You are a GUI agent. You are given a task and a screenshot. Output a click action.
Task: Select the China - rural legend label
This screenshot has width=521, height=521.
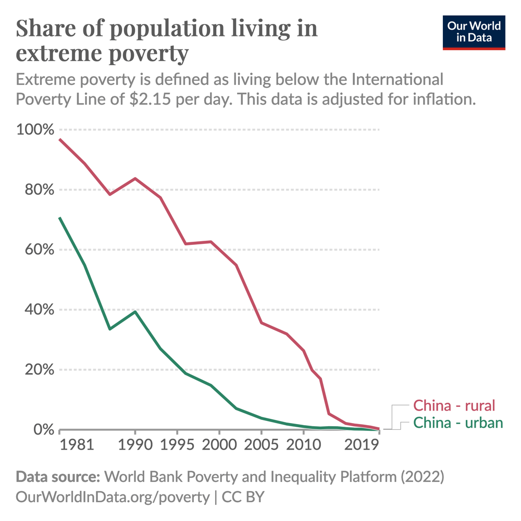(453, 405)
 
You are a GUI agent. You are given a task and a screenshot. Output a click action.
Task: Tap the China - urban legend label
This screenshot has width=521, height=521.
(458, 422)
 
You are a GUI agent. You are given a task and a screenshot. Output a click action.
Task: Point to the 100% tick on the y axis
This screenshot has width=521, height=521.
(35, 129)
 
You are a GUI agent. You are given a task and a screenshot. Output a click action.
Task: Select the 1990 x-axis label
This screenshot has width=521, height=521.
(135, 446)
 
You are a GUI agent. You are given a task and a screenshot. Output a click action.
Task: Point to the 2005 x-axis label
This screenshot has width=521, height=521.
(261, 446)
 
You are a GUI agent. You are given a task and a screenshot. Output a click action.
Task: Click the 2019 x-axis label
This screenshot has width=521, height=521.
(362, 446)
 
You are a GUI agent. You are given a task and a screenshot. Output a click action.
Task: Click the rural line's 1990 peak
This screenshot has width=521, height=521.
(135, 179)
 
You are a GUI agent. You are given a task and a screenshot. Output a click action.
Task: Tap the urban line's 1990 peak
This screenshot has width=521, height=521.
(135, 312)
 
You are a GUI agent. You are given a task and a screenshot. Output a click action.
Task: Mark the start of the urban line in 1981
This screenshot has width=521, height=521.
(60, 218)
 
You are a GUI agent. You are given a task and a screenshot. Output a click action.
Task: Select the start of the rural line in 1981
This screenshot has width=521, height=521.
(60, 139)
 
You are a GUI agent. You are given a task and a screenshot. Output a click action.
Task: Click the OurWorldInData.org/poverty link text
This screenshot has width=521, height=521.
(113, 497)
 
